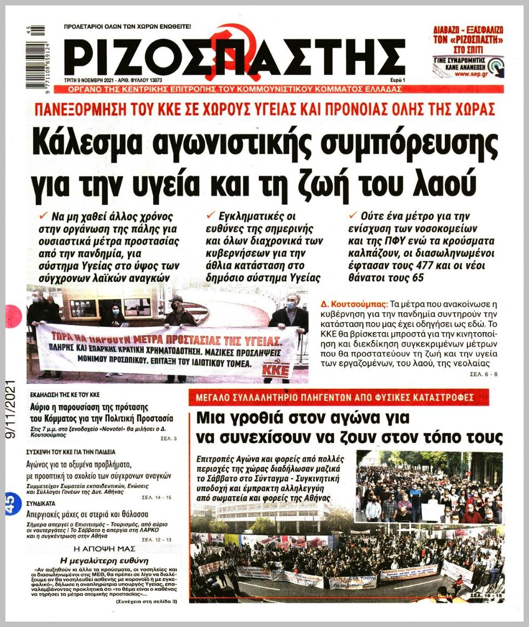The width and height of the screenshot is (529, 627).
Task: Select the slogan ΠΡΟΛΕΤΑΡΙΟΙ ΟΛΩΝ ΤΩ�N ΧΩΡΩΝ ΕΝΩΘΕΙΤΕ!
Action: (x=128, y=26)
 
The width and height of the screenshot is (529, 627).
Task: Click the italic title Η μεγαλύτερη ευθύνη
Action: (x=108, y=560)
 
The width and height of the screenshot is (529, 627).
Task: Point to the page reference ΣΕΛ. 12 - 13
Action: (x=160, y=538)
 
